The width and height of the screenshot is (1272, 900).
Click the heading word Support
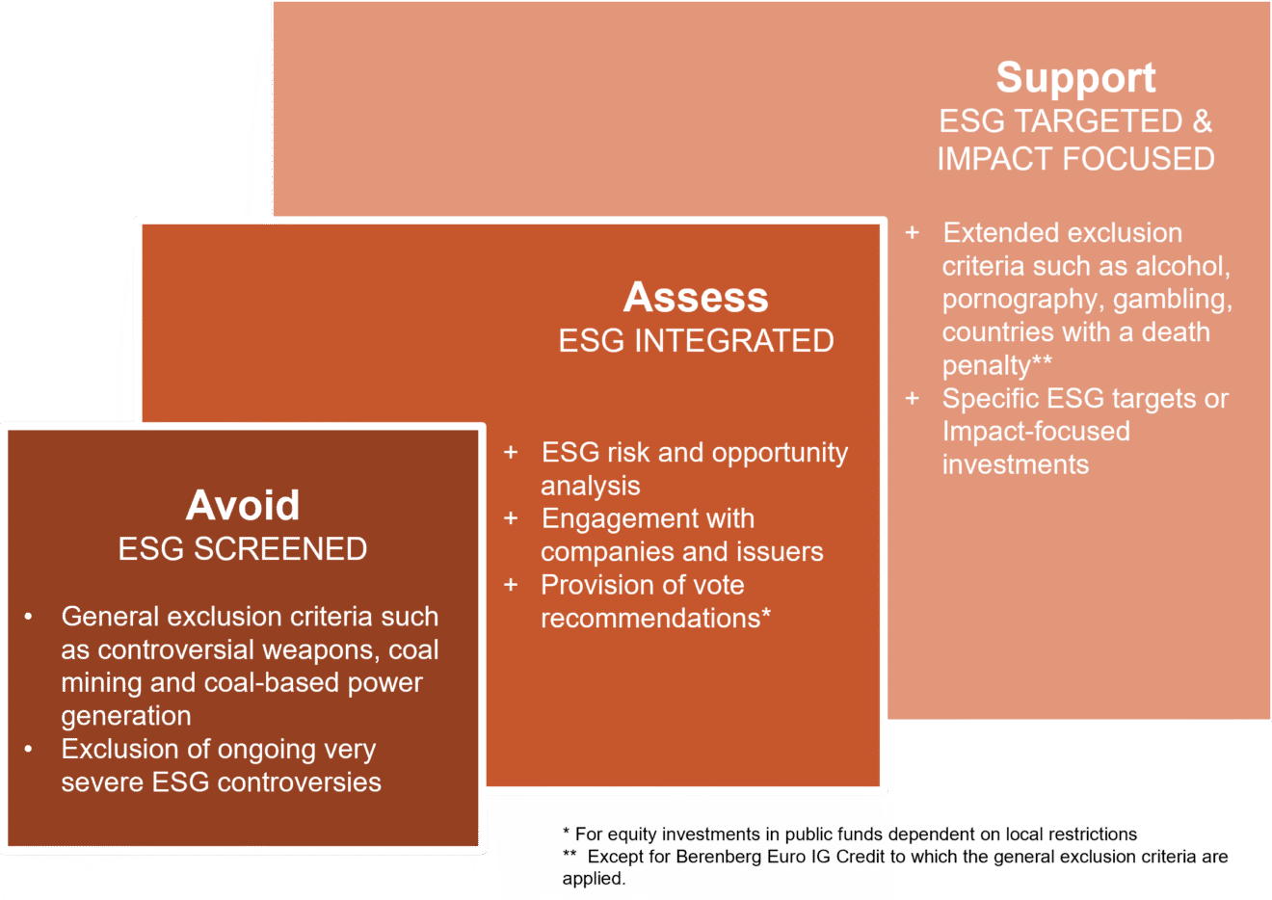pyautogui.click(x=1075, y=78)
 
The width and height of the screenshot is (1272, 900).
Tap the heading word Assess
pyautogui.click(x=696, y=297)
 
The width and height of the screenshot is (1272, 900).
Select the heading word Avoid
pyautogui.click(x=243, y=505)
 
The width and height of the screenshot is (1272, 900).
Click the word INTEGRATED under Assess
pyautogui.click(x=733, y=341)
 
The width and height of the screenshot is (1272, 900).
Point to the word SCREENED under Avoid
pyautogui.click(x=280, y=549)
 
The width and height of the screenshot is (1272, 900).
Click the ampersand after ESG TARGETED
pyautogui.click(x=1203, y=121)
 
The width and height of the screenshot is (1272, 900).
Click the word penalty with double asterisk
pyautogui.click(x=997, y=365)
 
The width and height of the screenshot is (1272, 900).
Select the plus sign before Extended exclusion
pyautogui.click(x=912, y=233)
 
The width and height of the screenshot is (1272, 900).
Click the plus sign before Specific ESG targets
pyautogui.click(x=912, y=399)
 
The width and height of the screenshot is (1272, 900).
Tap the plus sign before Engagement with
pyautogui.click(x=511, y=518)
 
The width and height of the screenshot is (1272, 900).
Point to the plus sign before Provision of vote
pyautogui.click(x=511, y=585)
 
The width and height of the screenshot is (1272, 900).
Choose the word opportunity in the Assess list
pyautogui.click(x=780, y=454)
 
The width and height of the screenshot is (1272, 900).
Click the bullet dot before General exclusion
pyautogui.click(x=28, y=617)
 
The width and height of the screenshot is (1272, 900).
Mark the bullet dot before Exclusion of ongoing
pyautogui.click(x=28, y=750)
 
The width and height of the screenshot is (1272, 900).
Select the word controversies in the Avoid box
pyautogui.click(x=300, y=782)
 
